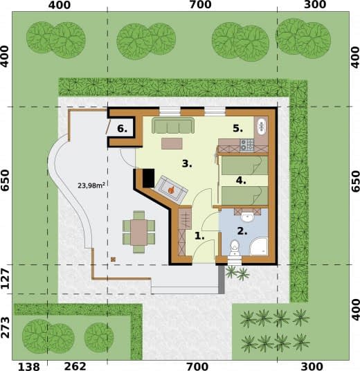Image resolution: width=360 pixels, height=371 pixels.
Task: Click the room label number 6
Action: pos(122,129)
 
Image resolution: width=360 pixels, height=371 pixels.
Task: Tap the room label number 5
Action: pos(238,128)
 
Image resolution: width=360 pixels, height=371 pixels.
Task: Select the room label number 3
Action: pos(187,163)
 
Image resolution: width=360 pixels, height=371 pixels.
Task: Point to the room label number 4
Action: pos(241,181)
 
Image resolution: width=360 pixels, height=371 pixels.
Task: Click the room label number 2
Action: pos(242,231)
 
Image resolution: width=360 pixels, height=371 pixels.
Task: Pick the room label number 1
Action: pos(199,236)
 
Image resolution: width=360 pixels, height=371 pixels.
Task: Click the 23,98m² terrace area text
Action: pos(91,185)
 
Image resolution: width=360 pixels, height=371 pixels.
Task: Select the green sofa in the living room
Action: pos(173,125)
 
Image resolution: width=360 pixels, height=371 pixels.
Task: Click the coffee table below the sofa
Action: pos(172,143)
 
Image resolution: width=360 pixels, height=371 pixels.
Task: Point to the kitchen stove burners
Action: pos(247,145)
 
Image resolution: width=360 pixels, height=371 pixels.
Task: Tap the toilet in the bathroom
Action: pos(235,248)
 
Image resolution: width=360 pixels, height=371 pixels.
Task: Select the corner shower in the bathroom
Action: pos(258,247)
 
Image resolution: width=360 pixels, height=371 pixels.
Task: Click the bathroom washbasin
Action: pos(247,217)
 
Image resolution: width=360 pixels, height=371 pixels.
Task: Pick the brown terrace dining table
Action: pos(139,233)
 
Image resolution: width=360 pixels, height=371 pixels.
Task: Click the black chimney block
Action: pos(148,178)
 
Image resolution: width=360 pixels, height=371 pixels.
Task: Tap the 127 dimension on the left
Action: pos(6,279)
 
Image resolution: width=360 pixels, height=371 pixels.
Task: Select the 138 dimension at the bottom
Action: pos(29,367)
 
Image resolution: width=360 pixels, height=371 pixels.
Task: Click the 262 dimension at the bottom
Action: pos(75,366)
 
